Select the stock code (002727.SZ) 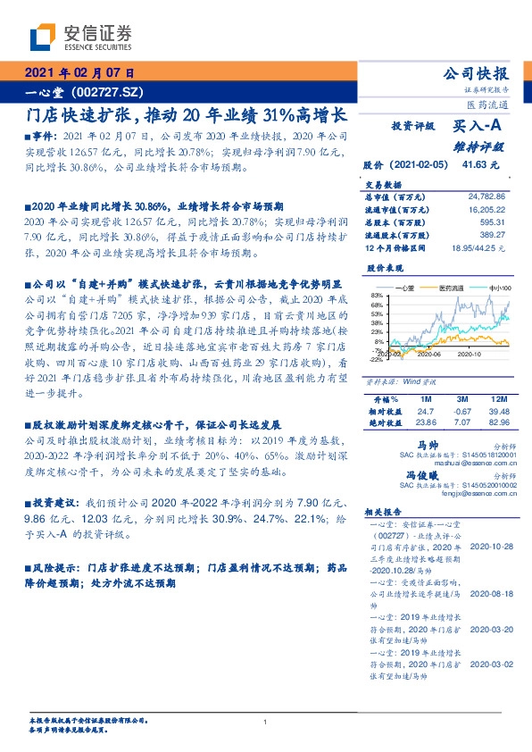point(105,93)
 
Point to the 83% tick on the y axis point(378,296)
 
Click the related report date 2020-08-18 point(490,592)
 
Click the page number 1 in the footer point(266,723)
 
